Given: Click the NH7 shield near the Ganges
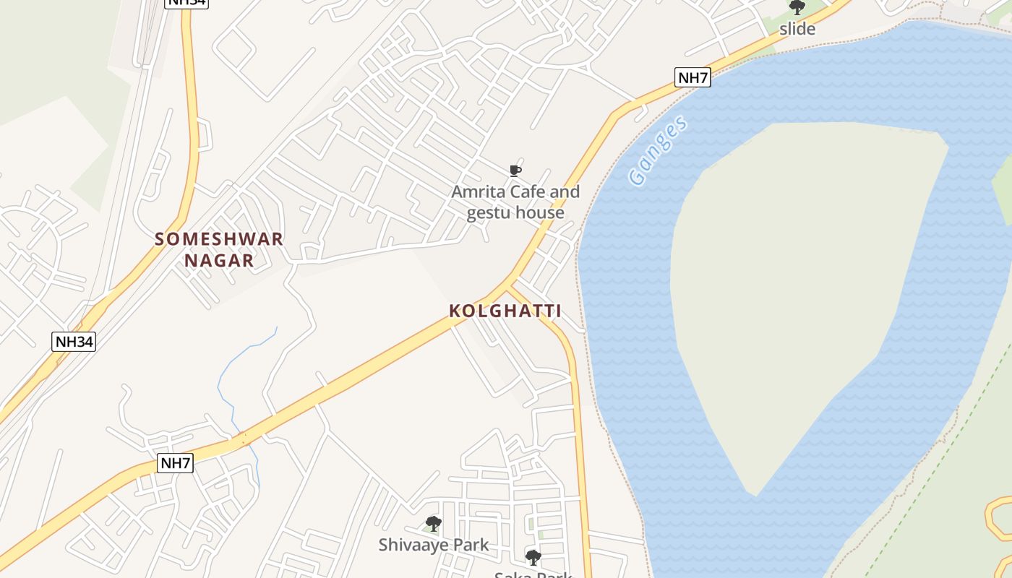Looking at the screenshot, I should [x=692, y=77].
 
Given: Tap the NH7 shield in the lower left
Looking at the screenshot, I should [x=175, y=463].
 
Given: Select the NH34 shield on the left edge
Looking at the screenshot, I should [x=74, y=342].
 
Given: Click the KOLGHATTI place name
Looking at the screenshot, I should [x=505, y=311].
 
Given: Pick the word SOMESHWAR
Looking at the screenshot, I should [x=219, y=239].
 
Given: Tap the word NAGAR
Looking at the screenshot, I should [x=219, y=261].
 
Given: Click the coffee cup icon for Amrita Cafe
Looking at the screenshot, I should [x=515, y=171].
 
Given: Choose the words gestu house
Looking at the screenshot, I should [x=515, y=213].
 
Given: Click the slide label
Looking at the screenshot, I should [x=797, y=30].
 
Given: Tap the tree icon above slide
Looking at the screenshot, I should [x=797, y=8].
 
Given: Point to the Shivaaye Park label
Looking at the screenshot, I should [x=434, y=545].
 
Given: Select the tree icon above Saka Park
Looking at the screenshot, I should [x=533, y=558].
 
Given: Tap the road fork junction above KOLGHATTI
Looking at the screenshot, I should [x=510, y=284].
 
